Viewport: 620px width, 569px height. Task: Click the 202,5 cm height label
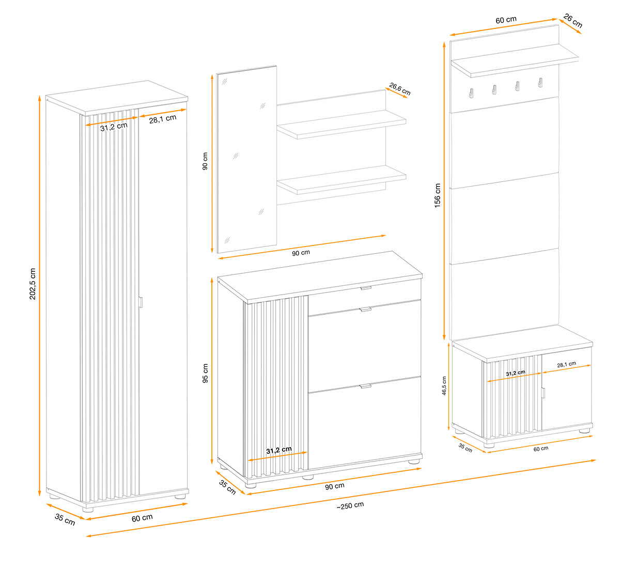click(x=33, y=284)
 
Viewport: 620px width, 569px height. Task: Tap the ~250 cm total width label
click(x=350, y=505)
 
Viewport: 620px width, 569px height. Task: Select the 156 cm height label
click(x=437, y=195)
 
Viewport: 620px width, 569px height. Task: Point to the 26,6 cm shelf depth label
click(x=399, y=89)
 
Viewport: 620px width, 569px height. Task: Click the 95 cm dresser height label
click(x=205, y=373)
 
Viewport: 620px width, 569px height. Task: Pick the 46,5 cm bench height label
click(x=444, y=386)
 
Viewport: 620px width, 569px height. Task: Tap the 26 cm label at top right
click(x=572, y=20)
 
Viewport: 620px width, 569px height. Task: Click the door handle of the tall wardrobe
click(x=141, y=302)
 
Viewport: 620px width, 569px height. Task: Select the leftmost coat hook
click(x=471, y=93)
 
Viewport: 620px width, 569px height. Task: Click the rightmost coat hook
click(x=540, y=83)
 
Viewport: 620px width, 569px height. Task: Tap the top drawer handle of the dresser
click(x=366, y=288)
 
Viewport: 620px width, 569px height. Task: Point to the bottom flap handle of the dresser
click(x=366, y=386)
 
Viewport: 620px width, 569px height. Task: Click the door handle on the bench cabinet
click(x=544, y=393)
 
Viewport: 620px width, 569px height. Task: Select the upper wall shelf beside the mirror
click(x=341, y=125)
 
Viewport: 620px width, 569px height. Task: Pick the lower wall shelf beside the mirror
click(x=341, y=180)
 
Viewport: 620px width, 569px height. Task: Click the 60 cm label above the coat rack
click(x=506, y=20)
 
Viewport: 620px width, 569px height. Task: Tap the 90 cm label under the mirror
click(x=301, y=253)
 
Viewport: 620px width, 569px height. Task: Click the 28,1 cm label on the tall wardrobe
click(x=163, y=119)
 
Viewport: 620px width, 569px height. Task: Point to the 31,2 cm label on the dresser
click(x=279, y=450)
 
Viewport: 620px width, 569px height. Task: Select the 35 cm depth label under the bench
click(x=465, y=448)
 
